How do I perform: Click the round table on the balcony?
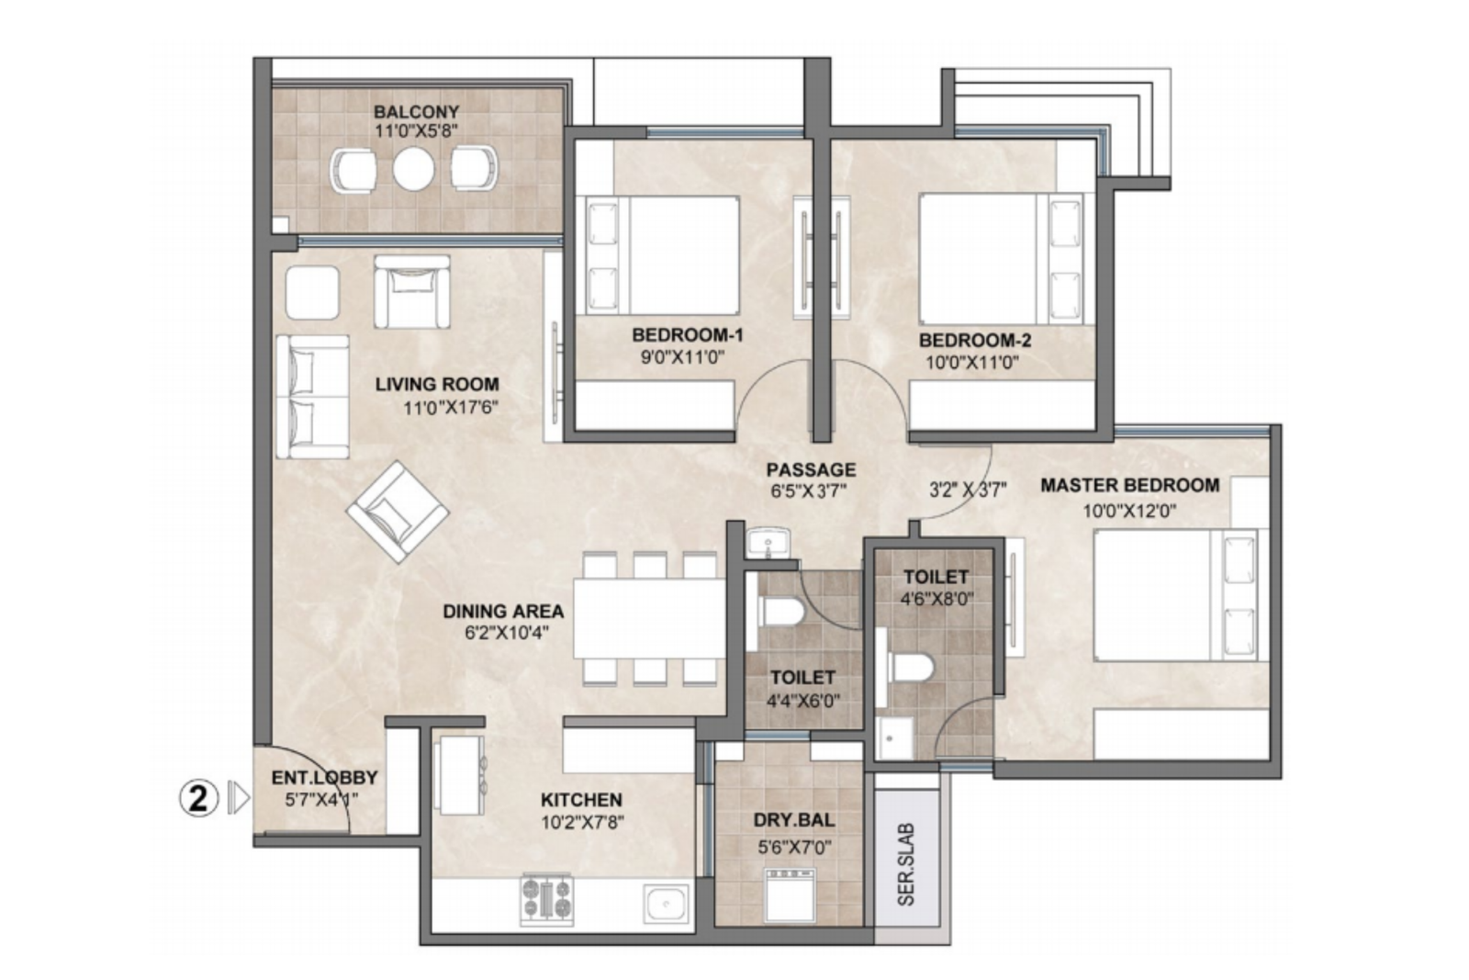click(x=413, y=169)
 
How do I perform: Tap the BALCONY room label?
click(x=417, y=111)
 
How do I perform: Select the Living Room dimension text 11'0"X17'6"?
click(x=451, y=408)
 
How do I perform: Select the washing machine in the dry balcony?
click(x=791, y=896)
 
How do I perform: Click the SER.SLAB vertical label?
click(x=905, y=864)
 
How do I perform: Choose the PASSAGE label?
click(x=812, y=469)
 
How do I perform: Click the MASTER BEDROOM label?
click(x=1130, y=486)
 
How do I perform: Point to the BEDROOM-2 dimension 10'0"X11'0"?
click(x=972, y=362)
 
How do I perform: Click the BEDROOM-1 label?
click(x=688, y=335)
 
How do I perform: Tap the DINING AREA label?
click(x=503, y=612)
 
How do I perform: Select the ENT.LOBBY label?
click(x=325, y=777)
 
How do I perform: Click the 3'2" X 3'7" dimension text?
click(x=968, y=490)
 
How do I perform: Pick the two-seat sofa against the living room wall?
click(x=312, y=397)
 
